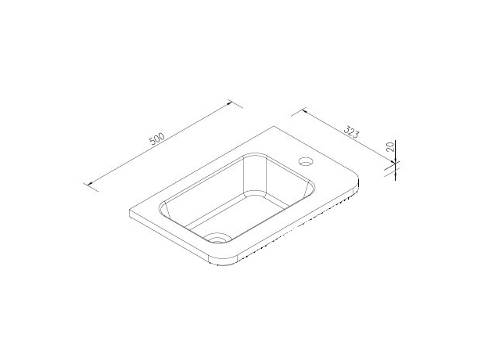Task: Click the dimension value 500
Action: point(156,139)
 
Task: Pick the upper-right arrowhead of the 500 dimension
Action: point(230,102)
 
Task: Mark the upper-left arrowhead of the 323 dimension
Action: point(301,110)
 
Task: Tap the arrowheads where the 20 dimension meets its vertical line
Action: point(395,164)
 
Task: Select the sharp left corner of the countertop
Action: point(129,212)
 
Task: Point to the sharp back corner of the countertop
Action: point(273,126)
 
